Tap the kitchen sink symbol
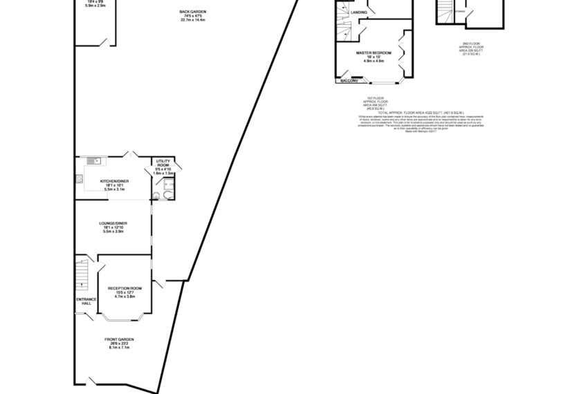(96, 162)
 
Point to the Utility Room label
(163, 163)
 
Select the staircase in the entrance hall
(82, 272)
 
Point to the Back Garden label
(192, 13)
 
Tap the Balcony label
(348, 81)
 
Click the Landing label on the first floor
(359, 12)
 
